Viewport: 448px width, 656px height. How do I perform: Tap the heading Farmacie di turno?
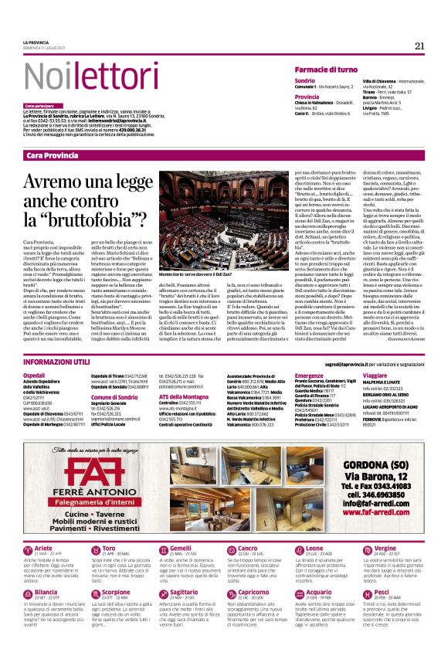coord(325,70)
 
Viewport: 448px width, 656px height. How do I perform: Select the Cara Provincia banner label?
coord(53,155)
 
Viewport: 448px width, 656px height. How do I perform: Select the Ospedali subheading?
coord(35,374)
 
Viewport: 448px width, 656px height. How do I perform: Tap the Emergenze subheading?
coord(309,374)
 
